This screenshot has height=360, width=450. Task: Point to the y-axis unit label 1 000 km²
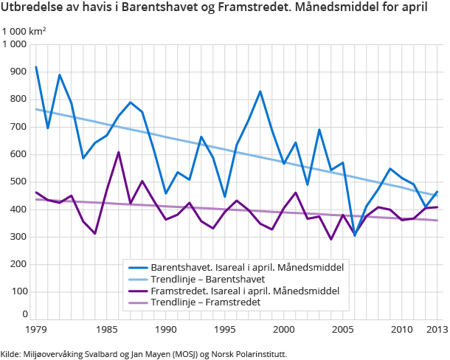click(x=24, y=31)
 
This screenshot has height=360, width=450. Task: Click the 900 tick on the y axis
click(x=18, y=72)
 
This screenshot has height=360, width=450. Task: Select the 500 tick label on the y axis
click(x=18, y=181)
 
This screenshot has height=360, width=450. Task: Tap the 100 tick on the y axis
click(x=18, y=291)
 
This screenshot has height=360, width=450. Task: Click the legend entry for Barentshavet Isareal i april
click(x=246, y=266)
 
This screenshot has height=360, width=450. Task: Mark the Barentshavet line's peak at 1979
click(x=36, y=67)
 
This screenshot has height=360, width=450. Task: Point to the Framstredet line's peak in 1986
click(x=119, y=153)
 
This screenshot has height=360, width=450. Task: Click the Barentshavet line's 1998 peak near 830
click(x=260, y=91)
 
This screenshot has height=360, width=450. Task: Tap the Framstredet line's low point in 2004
click(x=331, y=239)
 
